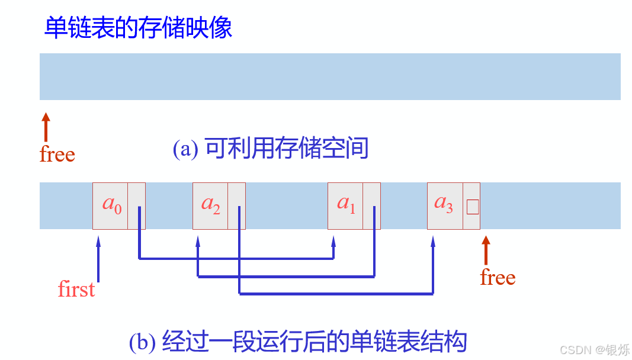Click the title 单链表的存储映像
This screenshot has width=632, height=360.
[x=138, y=28]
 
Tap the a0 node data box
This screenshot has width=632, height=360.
[x=110, y=205]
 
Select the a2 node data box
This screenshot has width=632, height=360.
[x=210, y=205]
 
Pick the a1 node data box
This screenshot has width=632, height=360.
[x=345, y=205]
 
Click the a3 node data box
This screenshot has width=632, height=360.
[x=445, y=205]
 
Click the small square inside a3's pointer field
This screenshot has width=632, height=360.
[x=472, y=207]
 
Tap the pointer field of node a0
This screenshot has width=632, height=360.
[x=137, y=205]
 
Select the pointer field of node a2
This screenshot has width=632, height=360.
[x=237, y=205]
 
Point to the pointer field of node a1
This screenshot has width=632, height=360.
[x=372, y=205]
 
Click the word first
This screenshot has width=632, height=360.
[x=76, y=290]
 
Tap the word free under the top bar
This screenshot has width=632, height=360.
[x=57, y=155]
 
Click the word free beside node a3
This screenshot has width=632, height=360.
[x=498, y=278]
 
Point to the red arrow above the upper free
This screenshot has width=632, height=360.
[x=46, y=126]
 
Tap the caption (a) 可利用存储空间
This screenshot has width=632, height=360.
[x=271, y=148]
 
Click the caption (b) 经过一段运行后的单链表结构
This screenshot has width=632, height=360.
[x=298, y=342]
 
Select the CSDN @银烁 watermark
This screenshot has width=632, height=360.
[x=595, y=350]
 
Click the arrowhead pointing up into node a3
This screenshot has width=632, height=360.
[x=433, y=240]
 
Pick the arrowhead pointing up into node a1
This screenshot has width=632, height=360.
[x=333, y=240]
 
